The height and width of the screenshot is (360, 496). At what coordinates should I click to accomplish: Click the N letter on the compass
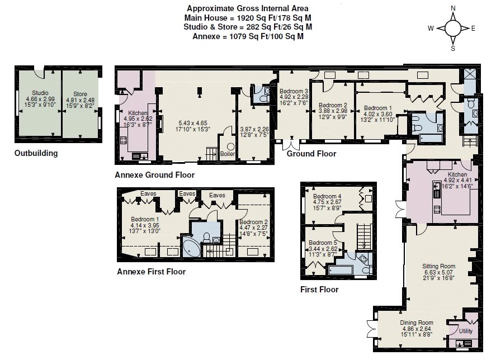[453, 8]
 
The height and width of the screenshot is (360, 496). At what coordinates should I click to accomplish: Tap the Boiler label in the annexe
[228, 154]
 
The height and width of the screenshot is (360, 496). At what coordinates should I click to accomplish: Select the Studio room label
[40, 93]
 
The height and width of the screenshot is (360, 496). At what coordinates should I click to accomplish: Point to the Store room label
[80, 94]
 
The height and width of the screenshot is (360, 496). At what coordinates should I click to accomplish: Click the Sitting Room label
[439, 266]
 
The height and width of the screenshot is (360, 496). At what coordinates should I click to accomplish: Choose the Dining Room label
[417, 323]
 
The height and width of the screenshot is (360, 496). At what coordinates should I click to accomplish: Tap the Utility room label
[466, 331]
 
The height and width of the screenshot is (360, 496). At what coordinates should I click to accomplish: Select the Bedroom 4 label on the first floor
[327, 196]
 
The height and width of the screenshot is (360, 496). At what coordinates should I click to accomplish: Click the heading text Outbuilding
[36, 153]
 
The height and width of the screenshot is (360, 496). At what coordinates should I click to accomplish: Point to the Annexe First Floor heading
[151, 272]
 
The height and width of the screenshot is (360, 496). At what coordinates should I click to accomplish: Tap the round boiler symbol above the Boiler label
[230, 147]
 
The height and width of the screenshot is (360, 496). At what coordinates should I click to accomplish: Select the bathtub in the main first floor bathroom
[341, 270]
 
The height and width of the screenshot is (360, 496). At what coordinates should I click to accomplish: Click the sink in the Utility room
[464, 344]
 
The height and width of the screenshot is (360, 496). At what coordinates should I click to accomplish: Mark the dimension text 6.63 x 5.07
[439, 272]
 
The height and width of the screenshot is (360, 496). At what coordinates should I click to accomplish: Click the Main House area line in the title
[248, 18]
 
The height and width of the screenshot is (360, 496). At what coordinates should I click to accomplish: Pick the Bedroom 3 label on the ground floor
[294, 92]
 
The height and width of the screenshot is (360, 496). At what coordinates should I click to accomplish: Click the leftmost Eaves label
[148, 193]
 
